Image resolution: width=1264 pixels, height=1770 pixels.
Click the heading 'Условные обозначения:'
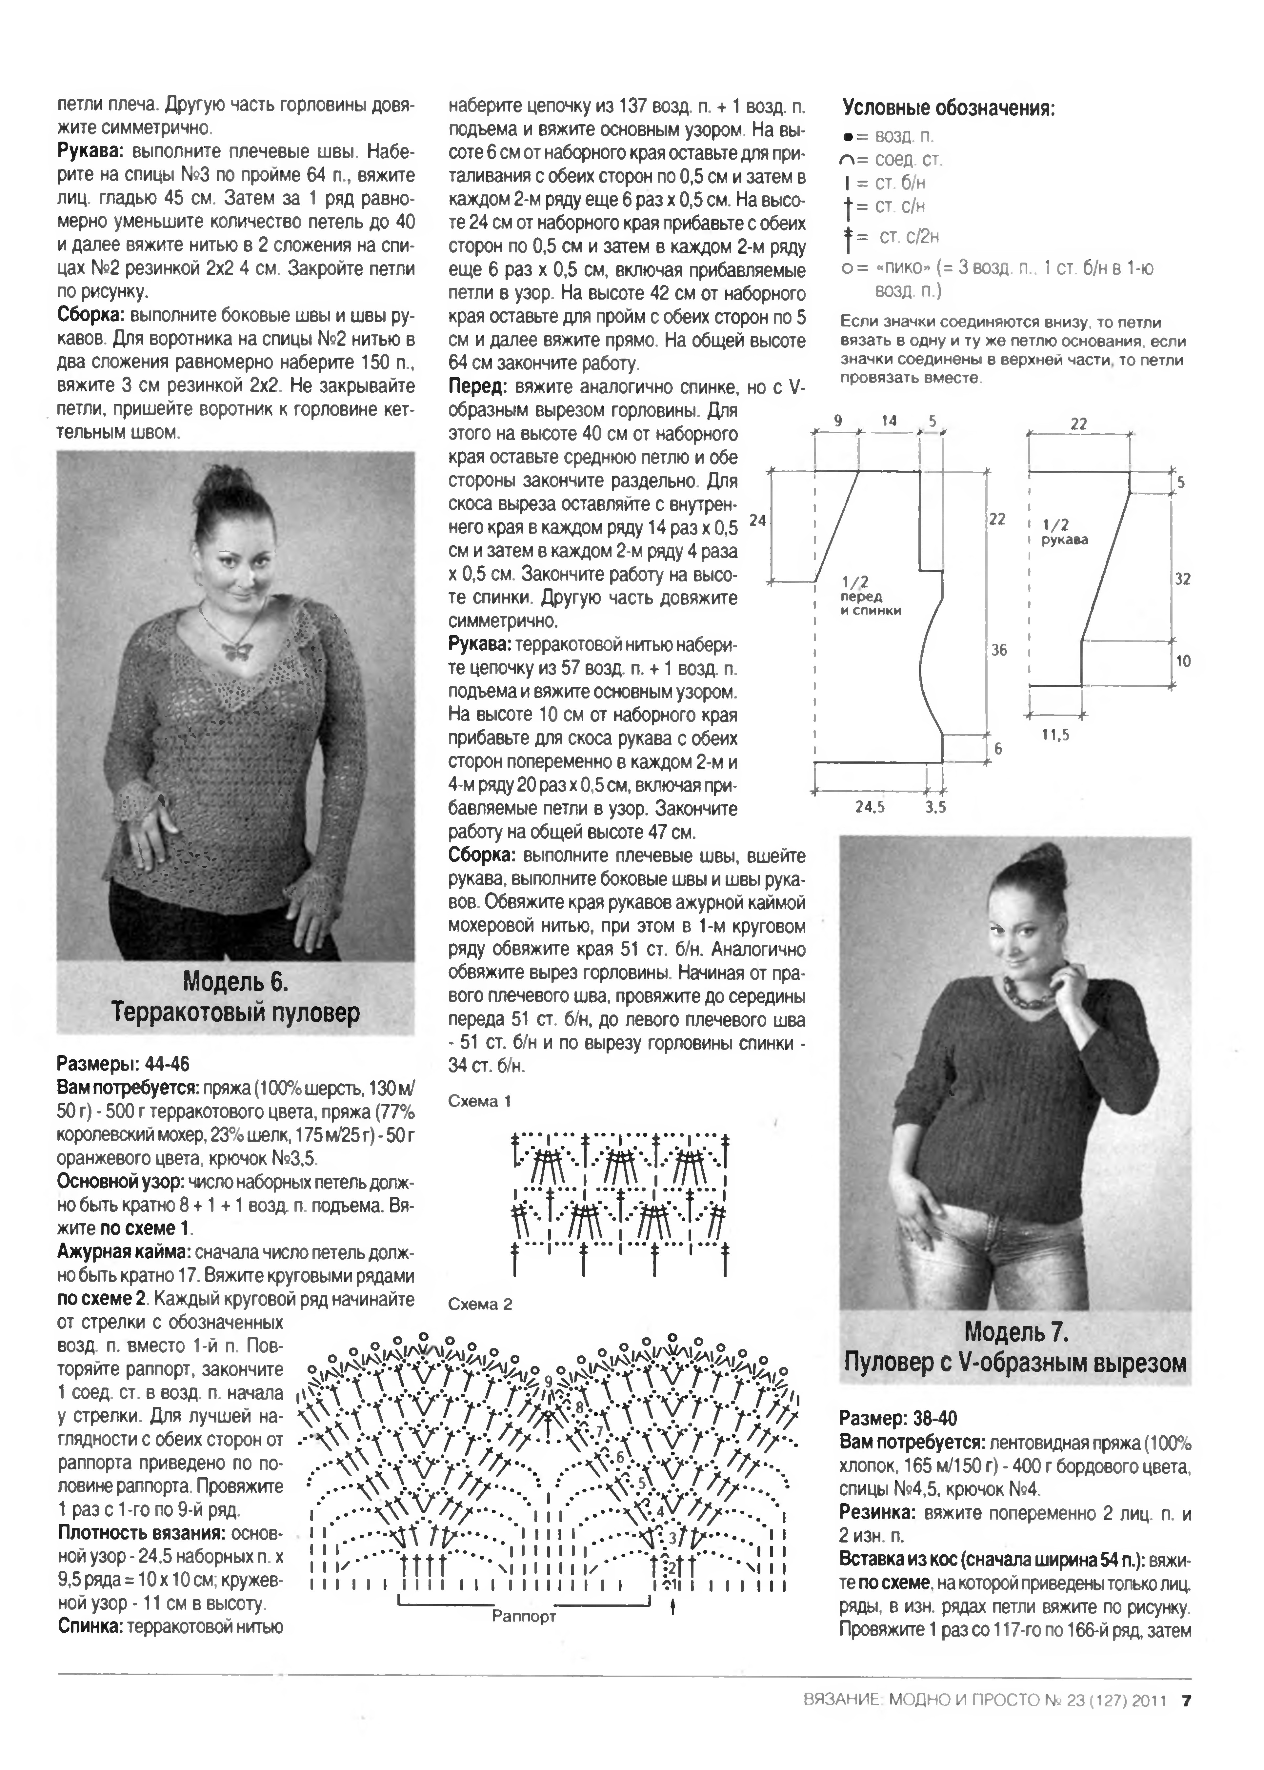point(949,108)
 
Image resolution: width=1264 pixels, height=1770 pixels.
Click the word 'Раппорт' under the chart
point(524,1616)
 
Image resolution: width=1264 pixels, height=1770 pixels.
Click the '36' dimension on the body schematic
point(999,650)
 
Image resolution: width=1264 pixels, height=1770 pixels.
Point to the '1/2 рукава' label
point(1064,532)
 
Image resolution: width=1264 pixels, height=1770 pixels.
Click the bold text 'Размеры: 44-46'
point(123,1064)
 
